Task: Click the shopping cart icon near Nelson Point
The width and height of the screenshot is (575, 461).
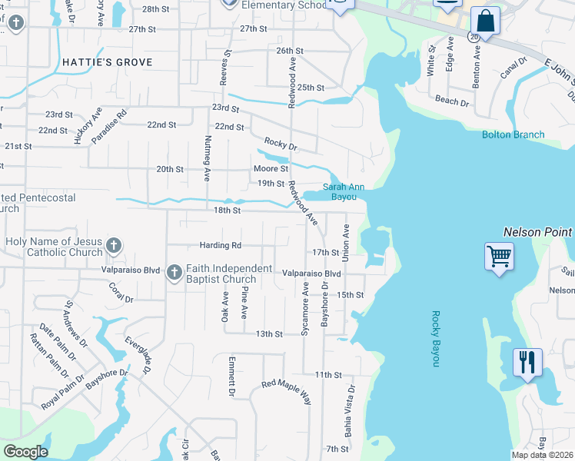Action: [499, 256]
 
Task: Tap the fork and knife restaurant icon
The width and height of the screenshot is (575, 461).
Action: [527, 361]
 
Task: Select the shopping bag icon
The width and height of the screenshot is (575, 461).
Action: [485, 21]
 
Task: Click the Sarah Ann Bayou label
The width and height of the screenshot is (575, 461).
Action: [343, 191]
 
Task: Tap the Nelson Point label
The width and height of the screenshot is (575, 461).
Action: [538, 231]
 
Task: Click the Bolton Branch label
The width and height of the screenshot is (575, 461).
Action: [513, 134]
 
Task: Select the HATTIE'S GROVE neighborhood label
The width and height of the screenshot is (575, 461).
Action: [108, 62]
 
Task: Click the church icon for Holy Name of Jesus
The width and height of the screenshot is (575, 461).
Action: [113, 246]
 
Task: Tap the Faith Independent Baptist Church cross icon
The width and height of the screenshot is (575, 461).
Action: [174, 272]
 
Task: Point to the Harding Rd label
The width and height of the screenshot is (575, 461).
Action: [221, 245]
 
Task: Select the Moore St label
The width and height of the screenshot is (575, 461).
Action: [271, 168]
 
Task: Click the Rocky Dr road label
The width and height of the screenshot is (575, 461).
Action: [280, 143]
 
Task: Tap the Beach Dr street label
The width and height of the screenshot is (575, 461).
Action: [452, 101]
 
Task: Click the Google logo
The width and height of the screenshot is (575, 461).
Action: [25, 452]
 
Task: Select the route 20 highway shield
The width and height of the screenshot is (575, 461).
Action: [473, 36]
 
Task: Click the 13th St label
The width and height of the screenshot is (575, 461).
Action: [270, 333]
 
